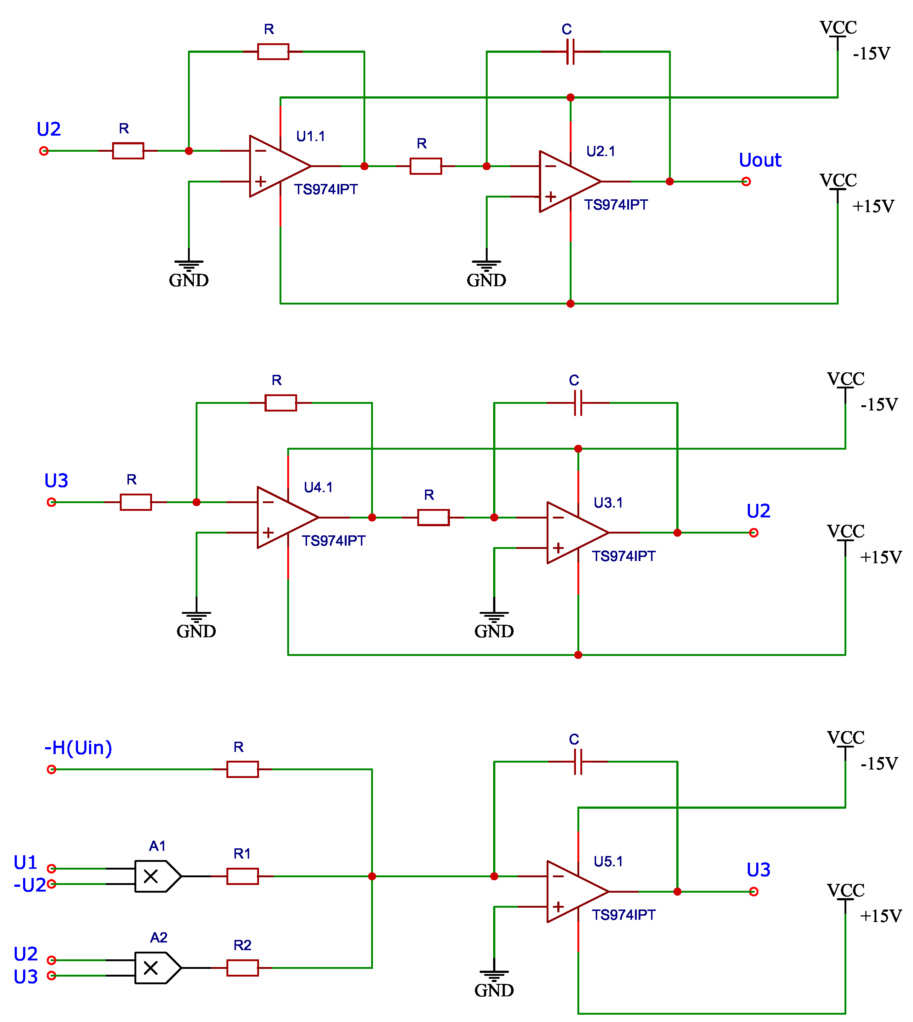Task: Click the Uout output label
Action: (x=759, y=160)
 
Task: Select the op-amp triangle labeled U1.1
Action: (x=276, y=166)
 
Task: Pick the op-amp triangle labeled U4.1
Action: (x=284, y=517)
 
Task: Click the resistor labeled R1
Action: (x=242, y=877)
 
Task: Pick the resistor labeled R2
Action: (x=242, y=968)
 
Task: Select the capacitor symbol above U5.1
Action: (x=578, y=761)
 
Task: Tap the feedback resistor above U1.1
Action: (x=273, y=52)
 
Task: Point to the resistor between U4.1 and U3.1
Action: (x=433, y=517)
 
